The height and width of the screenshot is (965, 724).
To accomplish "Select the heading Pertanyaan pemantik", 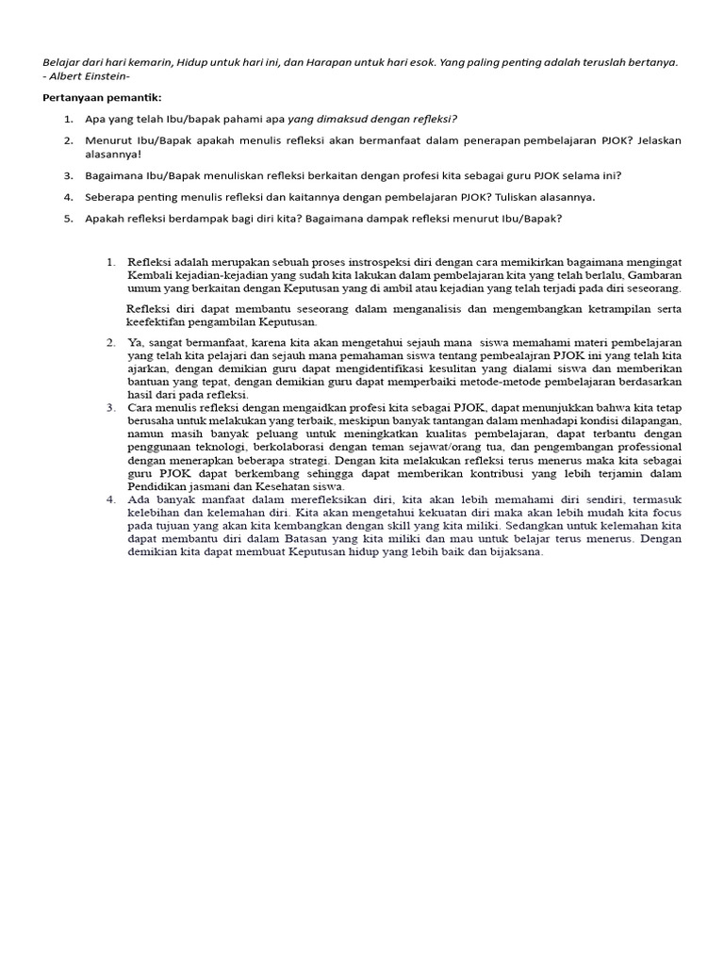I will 95,98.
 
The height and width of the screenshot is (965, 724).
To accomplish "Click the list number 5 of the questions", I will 68,219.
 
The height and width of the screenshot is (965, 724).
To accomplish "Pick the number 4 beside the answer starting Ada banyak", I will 110,499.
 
